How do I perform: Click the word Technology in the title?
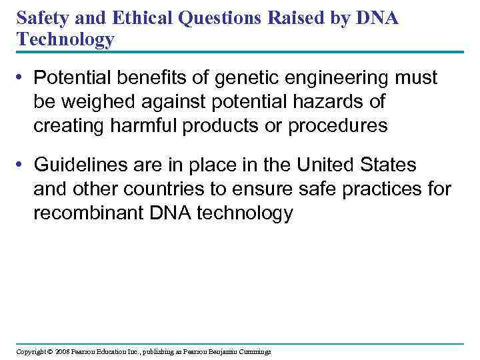pos(66,40)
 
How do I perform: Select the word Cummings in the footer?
pos(254,351)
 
